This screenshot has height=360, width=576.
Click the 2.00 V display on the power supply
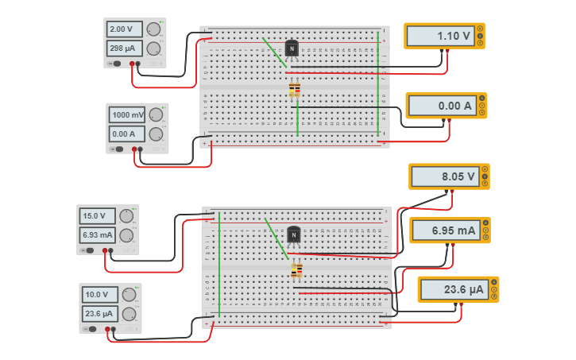click(x=124, y=29)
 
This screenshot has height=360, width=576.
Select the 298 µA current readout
click(x=124, y=48)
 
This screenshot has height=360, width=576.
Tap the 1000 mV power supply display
click(x=127, y=114)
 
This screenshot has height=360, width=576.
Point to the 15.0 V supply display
click(x=98, y=215)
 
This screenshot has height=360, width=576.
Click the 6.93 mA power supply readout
click(x=98, y=234)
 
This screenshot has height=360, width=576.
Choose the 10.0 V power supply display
click(x=100, y=294)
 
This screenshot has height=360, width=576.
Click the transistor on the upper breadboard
click(x=292, y=49)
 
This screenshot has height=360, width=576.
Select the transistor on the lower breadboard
click(x=294, y=235)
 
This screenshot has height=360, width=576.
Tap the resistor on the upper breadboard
click(x=295, y=90)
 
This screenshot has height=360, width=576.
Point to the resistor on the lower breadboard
click(x=296, y=271)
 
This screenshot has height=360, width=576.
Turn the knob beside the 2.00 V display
click(x=153, y=29)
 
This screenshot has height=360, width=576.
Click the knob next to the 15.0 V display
click(x=126, y=215)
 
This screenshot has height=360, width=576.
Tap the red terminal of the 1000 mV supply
click(x=141, y=149)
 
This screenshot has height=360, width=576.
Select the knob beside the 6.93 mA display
click(x=126, y=234)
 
